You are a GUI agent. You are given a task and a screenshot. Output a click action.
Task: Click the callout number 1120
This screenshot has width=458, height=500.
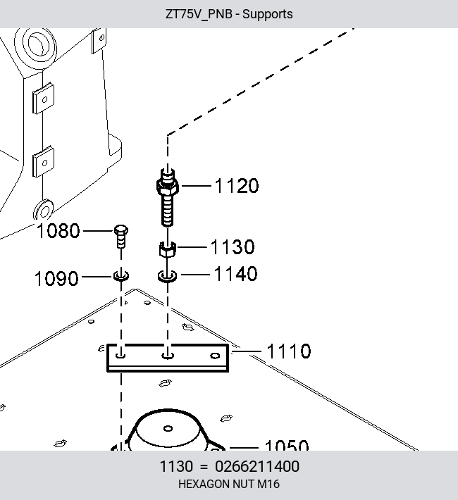point(237,186)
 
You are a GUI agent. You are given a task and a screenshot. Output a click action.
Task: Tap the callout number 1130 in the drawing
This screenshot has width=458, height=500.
point(233,246)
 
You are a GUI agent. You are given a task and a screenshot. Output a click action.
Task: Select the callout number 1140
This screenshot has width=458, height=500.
point(235,274)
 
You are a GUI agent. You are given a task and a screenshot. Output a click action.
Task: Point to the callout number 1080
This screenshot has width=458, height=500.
point(58,230)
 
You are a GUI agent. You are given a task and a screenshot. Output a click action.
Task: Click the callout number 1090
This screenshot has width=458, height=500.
point(56,278)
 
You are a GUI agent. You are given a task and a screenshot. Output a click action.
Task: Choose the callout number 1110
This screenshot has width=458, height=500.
point(288,351)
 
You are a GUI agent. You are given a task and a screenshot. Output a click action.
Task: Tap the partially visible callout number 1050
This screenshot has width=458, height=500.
point(287,445)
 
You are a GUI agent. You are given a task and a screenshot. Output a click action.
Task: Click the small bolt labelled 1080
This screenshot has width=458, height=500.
point(121,237)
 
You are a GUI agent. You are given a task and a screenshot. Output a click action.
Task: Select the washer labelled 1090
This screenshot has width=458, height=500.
point(121,276)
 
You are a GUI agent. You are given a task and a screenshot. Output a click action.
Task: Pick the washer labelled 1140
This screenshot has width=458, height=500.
point(167,276)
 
